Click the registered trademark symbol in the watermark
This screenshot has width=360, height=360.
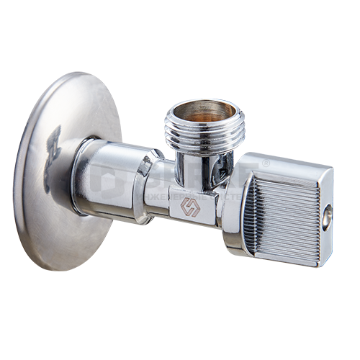tap(266, 165)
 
